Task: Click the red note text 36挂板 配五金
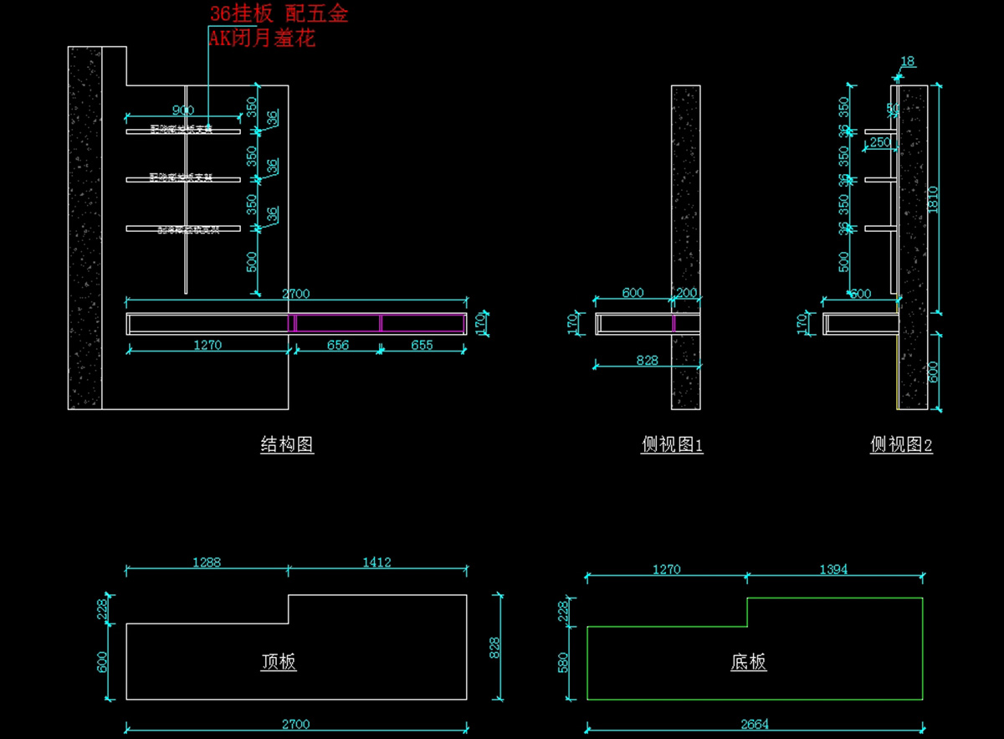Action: (x=278, y=13)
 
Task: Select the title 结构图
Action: (x=287, y=445)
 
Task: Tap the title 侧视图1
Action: (x=672, y=445)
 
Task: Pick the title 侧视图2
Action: (x=901, y=445)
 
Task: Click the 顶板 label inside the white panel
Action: (x=279, y=662)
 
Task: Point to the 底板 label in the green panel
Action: (x=748, y=663)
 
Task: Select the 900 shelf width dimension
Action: (x=182, y=110)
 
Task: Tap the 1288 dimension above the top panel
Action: (x=206, y=562)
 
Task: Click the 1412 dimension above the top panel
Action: (x=376, y=562)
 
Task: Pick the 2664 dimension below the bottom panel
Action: (x=755, y=725)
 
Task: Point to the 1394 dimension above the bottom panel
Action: (x=833, y=569)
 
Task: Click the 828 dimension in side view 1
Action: (x=646, y=361)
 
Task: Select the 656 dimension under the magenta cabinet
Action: (x=337, y=345)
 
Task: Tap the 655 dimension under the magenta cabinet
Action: (x=423, y=345)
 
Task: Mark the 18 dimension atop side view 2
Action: (x=908, y=61)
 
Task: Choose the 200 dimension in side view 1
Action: (x=686, y=293)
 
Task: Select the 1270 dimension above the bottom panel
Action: (x=666, y=569)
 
